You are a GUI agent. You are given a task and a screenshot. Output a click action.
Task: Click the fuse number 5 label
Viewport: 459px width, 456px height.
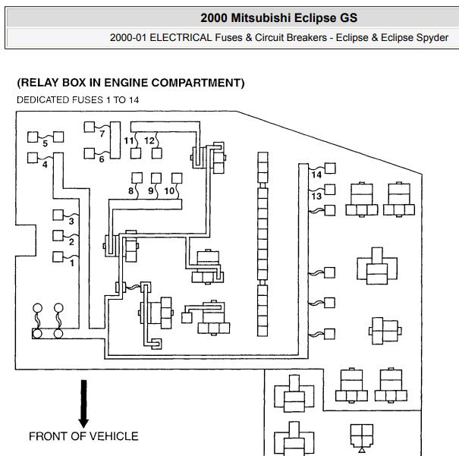[45, 143]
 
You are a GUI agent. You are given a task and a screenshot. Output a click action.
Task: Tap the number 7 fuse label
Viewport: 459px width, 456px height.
[102, 134]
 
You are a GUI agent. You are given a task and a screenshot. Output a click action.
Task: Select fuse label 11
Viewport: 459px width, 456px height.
[129, 141]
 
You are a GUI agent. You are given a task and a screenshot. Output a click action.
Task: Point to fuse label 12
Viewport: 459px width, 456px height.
[149, 141]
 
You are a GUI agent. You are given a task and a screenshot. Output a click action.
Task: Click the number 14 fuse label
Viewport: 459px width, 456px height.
[316, 175]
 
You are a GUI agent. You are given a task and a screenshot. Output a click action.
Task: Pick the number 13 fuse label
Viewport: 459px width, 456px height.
[316, 196]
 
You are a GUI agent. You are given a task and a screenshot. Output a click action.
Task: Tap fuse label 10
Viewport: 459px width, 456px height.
[169, 191]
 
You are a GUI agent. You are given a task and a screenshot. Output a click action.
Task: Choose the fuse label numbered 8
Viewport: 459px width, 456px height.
[130, 191]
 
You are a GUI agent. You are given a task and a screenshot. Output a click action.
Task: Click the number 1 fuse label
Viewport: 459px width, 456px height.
[72, 263]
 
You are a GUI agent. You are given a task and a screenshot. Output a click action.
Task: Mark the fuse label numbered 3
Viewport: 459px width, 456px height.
[71, 222]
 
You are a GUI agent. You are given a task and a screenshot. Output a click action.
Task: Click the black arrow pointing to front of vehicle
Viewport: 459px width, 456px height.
[83, 404]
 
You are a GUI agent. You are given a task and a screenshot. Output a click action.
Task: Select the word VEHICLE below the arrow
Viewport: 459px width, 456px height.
[114, 436]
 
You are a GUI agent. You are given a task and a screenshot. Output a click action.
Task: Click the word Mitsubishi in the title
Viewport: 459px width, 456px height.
[261, 18]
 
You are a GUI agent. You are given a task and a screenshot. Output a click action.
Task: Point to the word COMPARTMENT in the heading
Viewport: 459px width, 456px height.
[196, 83]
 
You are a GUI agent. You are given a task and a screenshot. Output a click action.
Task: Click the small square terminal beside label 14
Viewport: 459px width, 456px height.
[330, 168]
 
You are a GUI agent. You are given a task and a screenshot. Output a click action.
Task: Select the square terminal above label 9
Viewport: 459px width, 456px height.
[156, 178]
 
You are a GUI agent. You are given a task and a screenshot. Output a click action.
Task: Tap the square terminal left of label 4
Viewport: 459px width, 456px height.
[33, 158]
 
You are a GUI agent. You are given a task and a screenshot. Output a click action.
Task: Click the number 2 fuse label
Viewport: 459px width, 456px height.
[71, 242]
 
